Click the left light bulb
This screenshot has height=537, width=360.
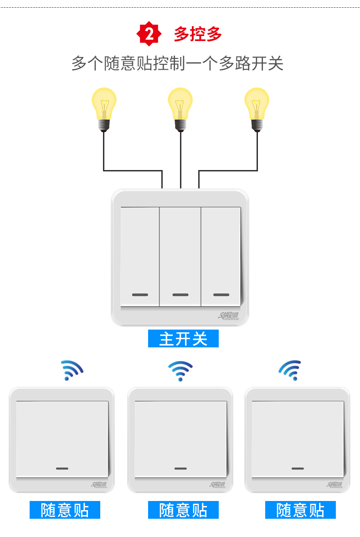pos(104,108)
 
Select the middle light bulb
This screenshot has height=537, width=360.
pos(180,108)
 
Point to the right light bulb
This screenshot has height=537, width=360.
pos(257,108)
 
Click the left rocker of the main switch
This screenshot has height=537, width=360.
pos(139,255)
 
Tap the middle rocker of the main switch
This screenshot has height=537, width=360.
pos(180,255)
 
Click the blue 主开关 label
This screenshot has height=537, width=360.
pos(183,339)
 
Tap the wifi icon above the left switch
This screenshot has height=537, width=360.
pos(72,370)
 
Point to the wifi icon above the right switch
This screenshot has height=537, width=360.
pos(291,370)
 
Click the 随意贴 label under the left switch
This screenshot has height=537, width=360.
pos(65,510)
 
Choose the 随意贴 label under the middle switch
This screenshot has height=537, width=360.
pos(183,510)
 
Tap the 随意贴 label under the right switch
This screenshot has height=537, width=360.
pos(300,510)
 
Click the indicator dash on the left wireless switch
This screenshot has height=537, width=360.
pos(62,468)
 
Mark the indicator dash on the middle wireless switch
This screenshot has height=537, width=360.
pos(180,468)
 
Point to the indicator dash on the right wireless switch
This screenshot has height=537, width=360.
pos(298,468)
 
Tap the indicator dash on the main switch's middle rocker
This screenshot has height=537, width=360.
pos(180,294)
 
